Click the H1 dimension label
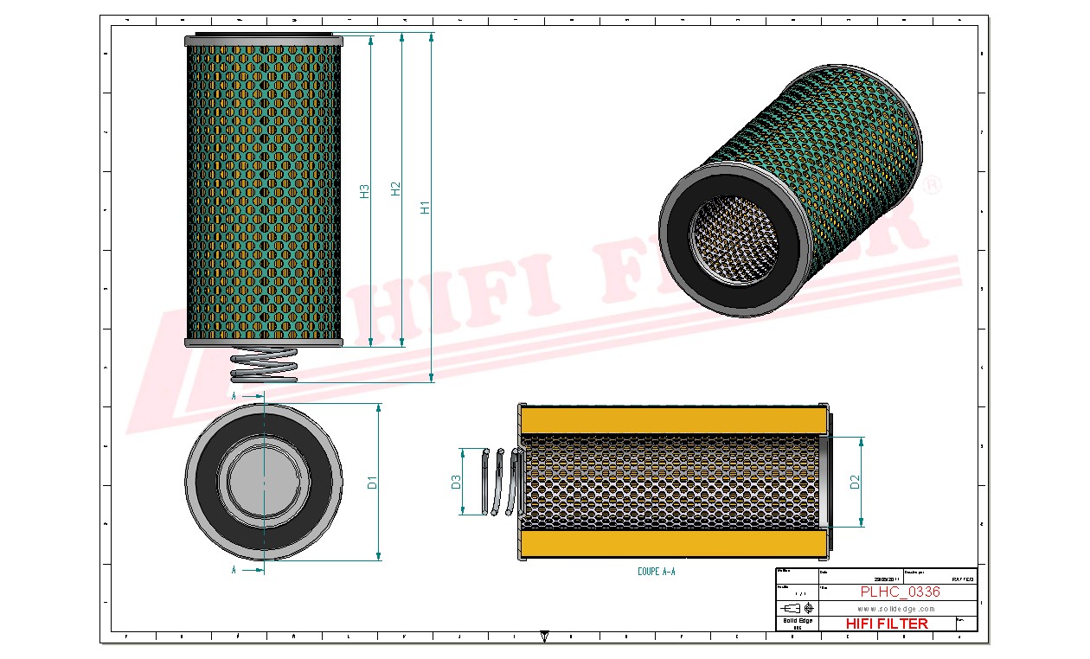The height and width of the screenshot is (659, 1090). click(x=425, y=208)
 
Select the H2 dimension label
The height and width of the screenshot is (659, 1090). click(x=395, y=189)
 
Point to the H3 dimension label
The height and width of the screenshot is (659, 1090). click(x=364, y=191)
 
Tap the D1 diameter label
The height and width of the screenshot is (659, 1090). click(x=373, y=483)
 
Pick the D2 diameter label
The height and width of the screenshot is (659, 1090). click(x=855, y=483)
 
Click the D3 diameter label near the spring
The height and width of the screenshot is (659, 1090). click(x=456, y=483)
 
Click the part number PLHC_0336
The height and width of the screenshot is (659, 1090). click(x=900, y=592)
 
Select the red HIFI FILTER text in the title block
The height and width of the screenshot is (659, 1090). click(x=887, y=624)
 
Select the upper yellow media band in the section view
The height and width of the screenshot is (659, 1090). click(x=672, y=419)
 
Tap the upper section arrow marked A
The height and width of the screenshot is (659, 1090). click(x=247, y=395)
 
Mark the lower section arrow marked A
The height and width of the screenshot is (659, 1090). click(x=247, y=570)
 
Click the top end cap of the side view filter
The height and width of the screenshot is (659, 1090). click(x=264, y=39)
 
